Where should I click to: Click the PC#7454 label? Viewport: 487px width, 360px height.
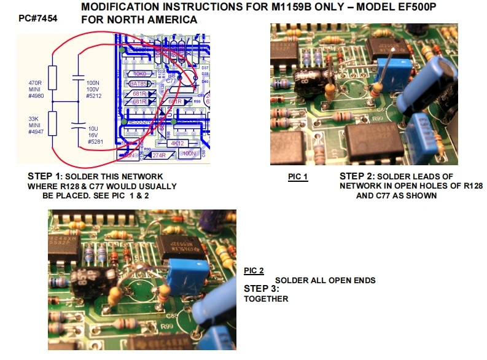pos(39,19)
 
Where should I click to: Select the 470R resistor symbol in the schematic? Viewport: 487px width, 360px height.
pos(52,79)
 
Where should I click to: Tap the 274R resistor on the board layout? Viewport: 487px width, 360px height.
pos(158,155)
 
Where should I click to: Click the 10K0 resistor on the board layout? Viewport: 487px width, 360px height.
pos(139,73)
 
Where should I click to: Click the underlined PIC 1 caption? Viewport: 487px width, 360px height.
pos(297,177)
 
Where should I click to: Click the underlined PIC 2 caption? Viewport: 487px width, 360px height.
pos(254,271)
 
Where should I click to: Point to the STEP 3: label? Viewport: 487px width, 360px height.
pos(261,289)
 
